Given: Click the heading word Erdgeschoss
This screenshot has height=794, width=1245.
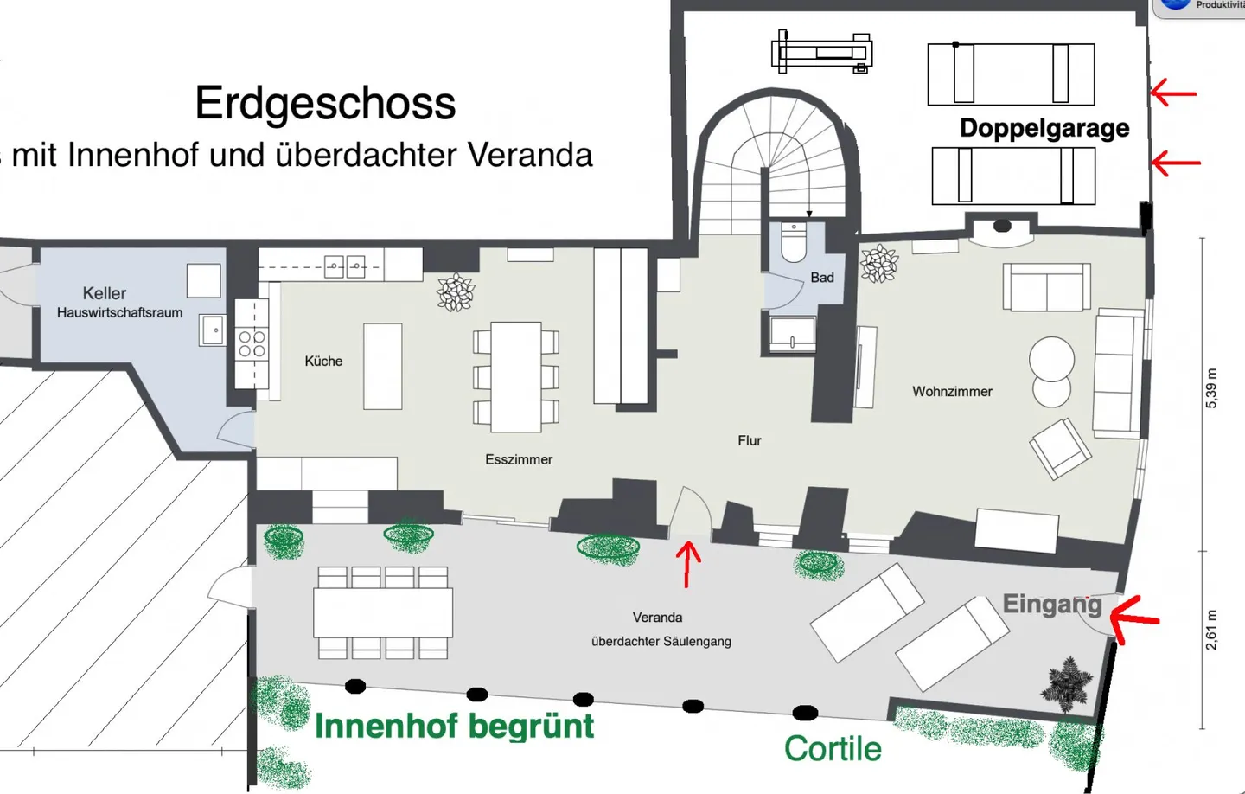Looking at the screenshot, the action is pos(325,104).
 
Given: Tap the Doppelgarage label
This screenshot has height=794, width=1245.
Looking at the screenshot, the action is pos(1044,128).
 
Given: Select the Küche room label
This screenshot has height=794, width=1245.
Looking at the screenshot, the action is pos(323,361).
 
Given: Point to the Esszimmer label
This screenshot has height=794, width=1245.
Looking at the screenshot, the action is pos(519,459).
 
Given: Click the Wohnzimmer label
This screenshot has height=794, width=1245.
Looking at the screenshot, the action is pos(952,392).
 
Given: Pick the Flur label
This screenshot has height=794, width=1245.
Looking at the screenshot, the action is pos(750,440).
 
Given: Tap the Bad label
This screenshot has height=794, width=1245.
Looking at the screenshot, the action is pos(822,278).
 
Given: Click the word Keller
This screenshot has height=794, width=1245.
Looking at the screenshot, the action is pos(105,293).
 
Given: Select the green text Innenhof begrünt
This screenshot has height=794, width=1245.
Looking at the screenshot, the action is pos(455,727).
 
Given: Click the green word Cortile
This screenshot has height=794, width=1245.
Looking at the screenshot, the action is pos(833,748).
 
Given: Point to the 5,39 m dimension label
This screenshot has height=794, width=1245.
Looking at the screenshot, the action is pos(1211,388).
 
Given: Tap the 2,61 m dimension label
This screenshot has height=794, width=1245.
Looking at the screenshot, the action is pos(1211,630).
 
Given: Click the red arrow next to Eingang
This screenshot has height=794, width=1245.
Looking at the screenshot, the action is pos(1133,619).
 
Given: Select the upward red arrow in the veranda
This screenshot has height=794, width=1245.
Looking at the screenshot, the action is pos(688,564).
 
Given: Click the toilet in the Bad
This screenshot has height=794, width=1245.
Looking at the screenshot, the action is pos(794,242).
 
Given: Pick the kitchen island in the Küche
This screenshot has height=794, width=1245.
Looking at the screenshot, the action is pos(382,367).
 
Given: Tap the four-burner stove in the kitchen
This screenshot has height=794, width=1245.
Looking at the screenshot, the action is pos(252,343).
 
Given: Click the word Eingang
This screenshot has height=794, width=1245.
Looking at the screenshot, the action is pos(1052,605).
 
